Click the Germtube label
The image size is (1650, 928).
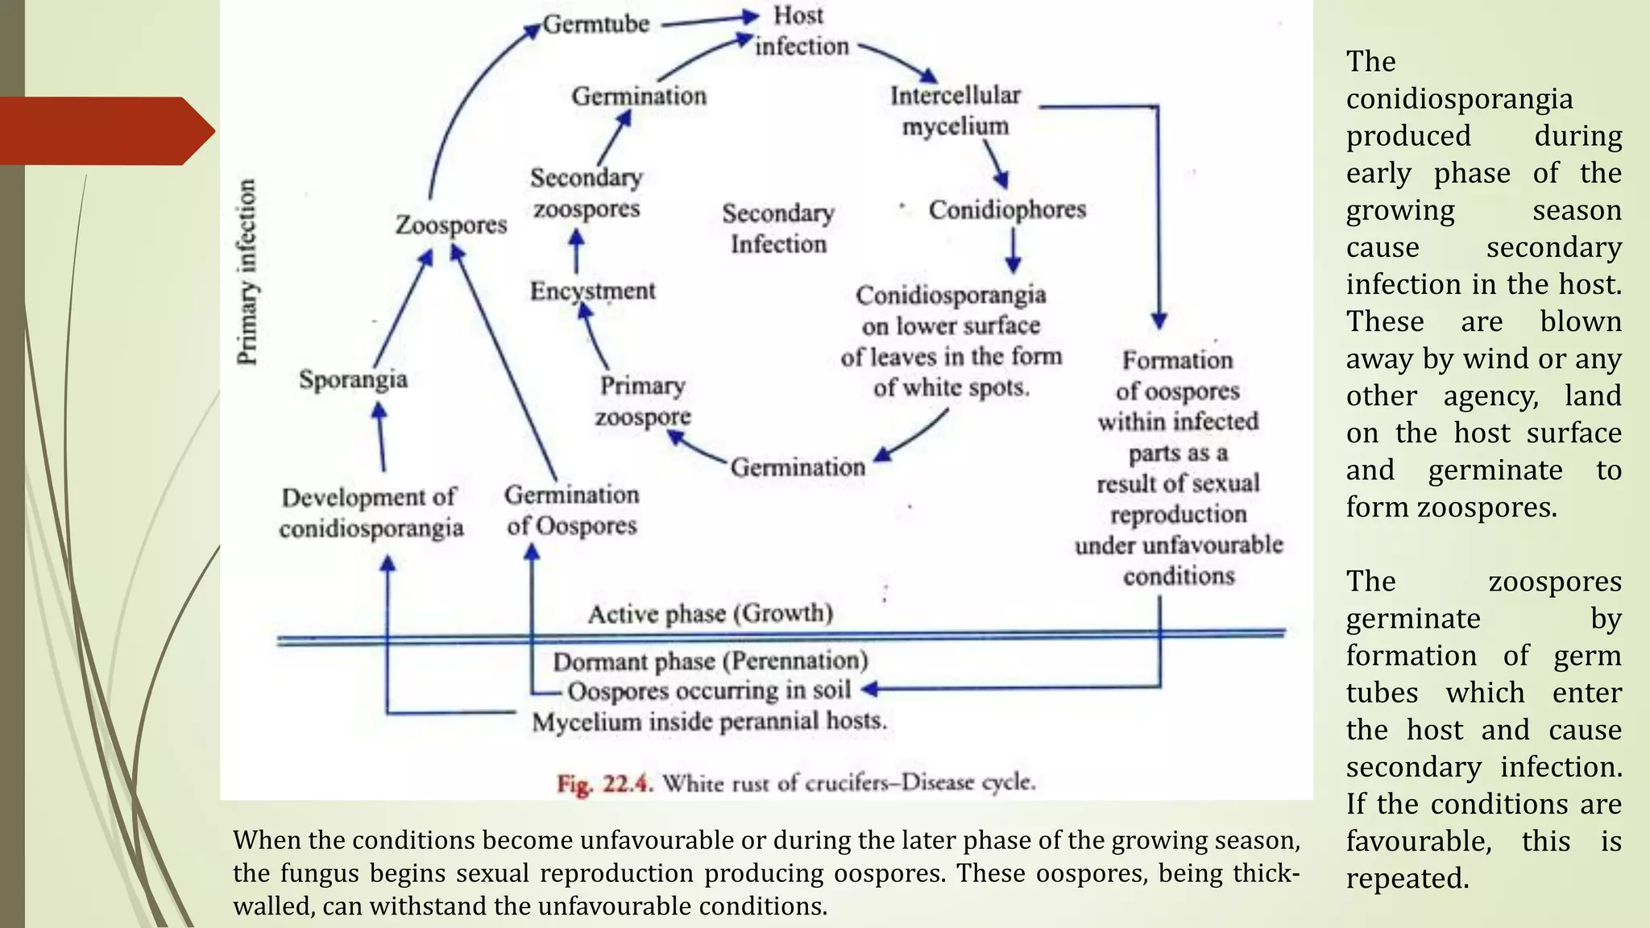[x=595, y=24]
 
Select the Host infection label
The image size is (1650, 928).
[x=800, y=31]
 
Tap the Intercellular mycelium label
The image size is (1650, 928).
[x=955, y=110]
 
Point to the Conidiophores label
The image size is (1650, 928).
[x=1007, y=209]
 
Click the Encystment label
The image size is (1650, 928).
[x=592, y=291]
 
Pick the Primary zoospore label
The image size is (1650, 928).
[x=643, y=401]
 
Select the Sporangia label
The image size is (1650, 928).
[x=353, y=379]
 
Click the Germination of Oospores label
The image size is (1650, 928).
[x=571, y=510]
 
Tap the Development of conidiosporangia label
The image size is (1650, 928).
[x=371, y=512]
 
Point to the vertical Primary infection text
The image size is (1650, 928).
[x=247, y=272]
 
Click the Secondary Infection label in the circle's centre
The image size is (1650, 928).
[x=778, y=229]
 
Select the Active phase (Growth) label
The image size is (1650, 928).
[x=710, y=614]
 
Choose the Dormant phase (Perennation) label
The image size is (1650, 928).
[x=710, y=661]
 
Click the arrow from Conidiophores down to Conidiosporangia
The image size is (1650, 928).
[x=1014, y=251]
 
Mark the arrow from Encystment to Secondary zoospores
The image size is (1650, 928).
[x=576, y=251]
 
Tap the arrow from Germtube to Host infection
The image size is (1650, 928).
[x=709, y=19]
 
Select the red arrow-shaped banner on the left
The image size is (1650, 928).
[x=105, y=130]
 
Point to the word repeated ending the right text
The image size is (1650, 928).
[x=1407, y=878]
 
